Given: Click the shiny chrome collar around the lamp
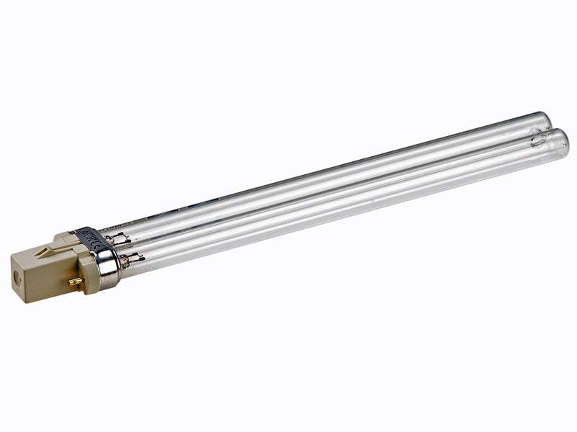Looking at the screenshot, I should pyautogui.click(x=108, y=267).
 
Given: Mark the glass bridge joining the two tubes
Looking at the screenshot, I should pyautogui.click(x=537, y=132).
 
